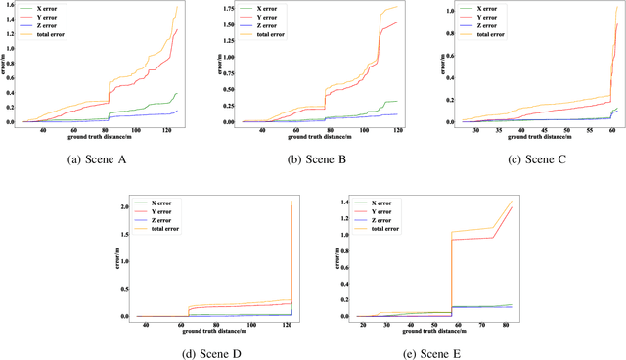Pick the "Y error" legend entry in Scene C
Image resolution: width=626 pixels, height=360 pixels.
(482, 17)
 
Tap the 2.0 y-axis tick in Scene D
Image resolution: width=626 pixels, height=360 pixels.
(125, 207)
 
